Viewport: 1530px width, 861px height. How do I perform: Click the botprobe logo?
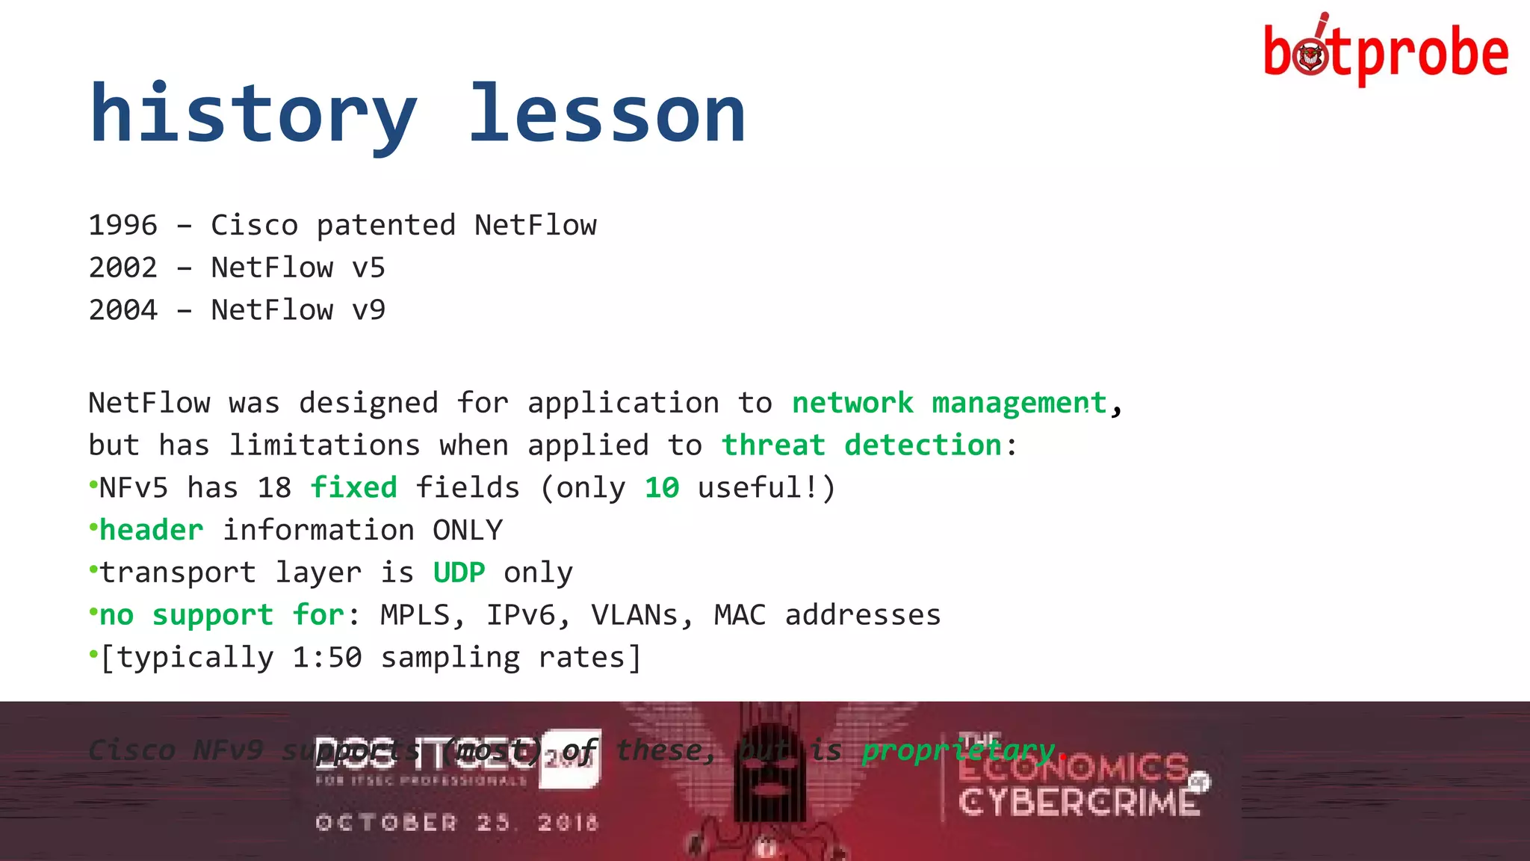1385,51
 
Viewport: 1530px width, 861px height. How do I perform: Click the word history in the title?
253,114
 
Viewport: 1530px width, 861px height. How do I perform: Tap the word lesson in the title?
607,114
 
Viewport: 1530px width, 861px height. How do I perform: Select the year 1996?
123,225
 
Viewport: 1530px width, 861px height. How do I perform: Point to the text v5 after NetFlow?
368,268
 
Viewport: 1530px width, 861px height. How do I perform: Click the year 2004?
123,309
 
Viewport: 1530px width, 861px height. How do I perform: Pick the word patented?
385,225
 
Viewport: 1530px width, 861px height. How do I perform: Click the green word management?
1019,404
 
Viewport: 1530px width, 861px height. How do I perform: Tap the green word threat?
773,445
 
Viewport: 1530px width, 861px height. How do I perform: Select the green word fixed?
353,487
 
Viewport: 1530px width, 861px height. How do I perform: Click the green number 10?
662,487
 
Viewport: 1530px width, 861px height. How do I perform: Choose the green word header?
152,530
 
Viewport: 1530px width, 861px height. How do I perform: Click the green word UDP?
459,573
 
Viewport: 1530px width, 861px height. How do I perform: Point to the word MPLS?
415,614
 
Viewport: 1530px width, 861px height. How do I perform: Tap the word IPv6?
521,614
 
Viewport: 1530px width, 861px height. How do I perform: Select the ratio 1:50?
327,657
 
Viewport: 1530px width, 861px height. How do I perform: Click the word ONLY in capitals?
468,530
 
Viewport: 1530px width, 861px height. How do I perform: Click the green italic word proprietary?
958,750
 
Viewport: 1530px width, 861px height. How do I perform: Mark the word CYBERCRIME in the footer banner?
1079,803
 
